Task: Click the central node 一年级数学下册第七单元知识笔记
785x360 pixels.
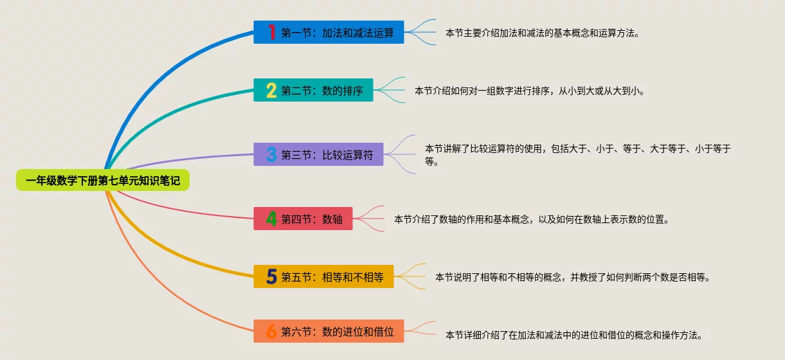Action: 103,181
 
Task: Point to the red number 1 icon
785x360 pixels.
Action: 271,32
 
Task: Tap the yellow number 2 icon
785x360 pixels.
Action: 271,91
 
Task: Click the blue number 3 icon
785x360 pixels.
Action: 271,154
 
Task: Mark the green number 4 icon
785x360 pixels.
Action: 271,219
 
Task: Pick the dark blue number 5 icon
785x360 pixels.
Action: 271,276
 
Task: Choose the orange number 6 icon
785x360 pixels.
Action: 271,332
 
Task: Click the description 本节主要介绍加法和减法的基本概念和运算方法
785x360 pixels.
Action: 542,33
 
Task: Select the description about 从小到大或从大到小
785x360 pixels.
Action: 529,91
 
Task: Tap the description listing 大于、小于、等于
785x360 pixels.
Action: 577,155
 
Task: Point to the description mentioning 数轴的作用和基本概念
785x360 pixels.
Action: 532,219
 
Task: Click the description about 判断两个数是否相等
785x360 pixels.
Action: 572,277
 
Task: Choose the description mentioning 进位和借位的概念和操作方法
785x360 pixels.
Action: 573,335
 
